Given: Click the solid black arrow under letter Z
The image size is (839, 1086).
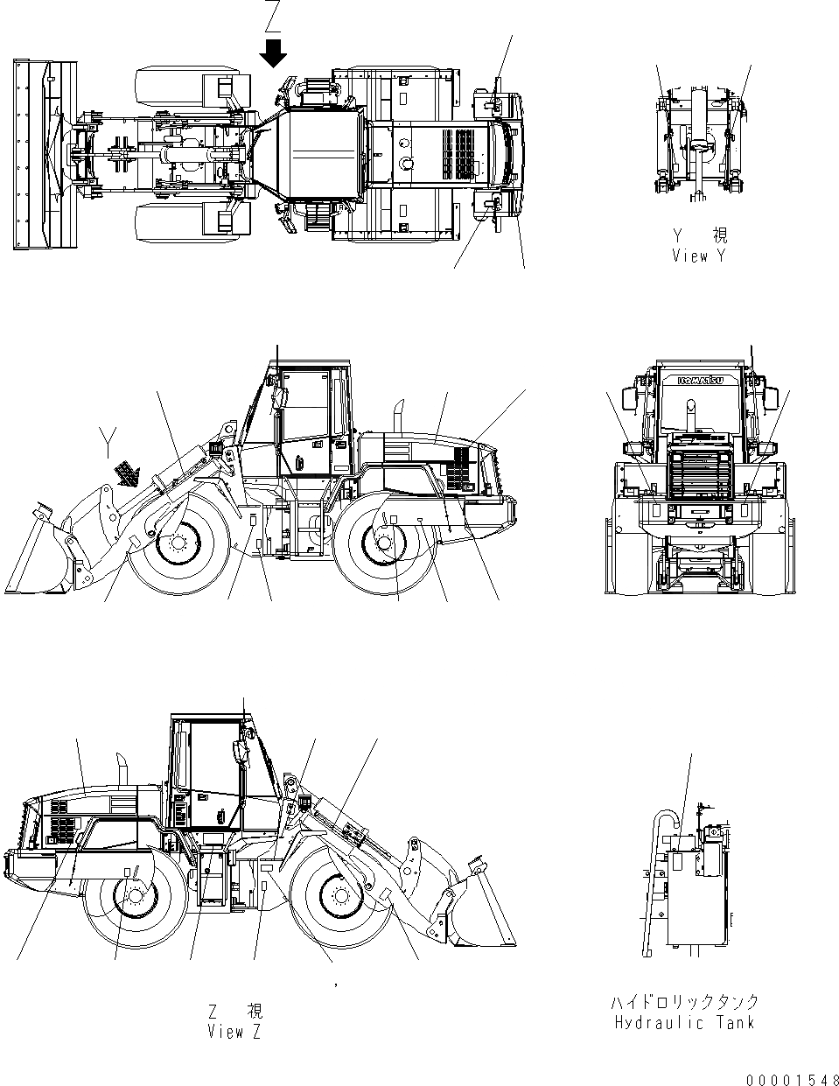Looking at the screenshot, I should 275,54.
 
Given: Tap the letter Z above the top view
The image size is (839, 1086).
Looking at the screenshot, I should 275,14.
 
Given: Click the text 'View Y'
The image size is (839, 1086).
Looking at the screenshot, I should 698,256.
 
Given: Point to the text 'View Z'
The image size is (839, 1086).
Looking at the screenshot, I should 234,1032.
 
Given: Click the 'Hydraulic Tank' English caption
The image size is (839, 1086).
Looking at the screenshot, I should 684,1022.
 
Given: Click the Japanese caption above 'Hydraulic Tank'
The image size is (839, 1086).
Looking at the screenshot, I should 684,1002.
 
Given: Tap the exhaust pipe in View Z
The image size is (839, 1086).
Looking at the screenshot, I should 123,771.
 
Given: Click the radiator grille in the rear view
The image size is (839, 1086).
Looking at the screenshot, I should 697,473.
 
